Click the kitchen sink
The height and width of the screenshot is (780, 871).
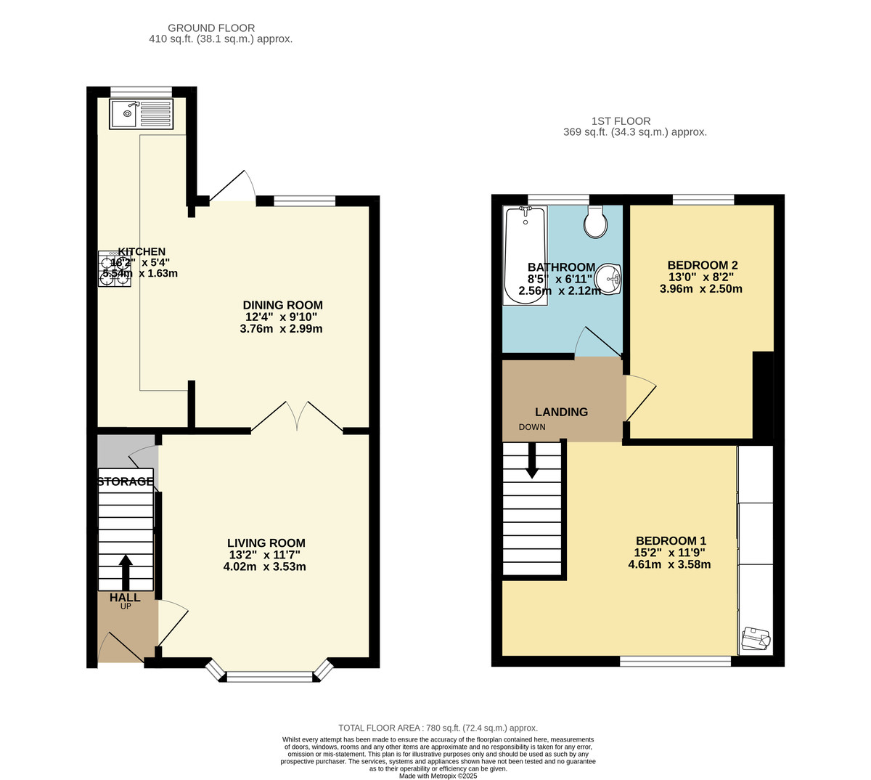click(x=142, y=114)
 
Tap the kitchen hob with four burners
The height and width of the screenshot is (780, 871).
click(x=115, y=269)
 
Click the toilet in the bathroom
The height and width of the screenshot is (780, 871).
click(x=596, y=222)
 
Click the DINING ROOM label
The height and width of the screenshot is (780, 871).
click(x=282, y=305)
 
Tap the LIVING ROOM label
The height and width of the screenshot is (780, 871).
click(x=266, y=543)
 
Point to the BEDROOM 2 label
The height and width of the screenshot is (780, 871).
click(x=702, y=265)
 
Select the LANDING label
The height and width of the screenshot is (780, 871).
click(x=561, y=412)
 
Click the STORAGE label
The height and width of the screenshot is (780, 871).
click(x=126, y=482)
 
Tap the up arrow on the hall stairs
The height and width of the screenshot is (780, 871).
click(x=126, y=572)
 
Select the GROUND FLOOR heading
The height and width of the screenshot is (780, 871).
click(x=211, y=28)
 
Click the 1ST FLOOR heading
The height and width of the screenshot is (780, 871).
click(x=621, y=121)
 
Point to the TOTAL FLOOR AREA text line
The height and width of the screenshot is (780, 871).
click(x=438, y=728)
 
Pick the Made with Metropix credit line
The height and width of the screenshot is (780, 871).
click(x=438, y=776)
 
